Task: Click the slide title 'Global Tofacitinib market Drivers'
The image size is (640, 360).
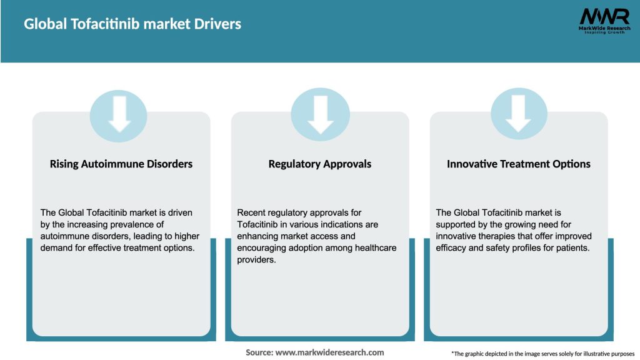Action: (132, 24)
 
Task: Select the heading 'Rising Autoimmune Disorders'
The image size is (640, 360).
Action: (121, 164)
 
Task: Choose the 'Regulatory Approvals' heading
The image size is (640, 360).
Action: (320, 164)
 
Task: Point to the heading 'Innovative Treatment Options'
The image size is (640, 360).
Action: (519, 164)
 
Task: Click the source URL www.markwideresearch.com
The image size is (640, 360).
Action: (330, 352)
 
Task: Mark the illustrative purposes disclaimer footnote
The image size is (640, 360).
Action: (542, 354)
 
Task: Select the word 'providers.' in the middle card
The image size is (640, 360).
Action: (257, 259)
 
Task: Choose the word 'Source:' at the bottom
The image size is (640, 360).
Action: (259, 352)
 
